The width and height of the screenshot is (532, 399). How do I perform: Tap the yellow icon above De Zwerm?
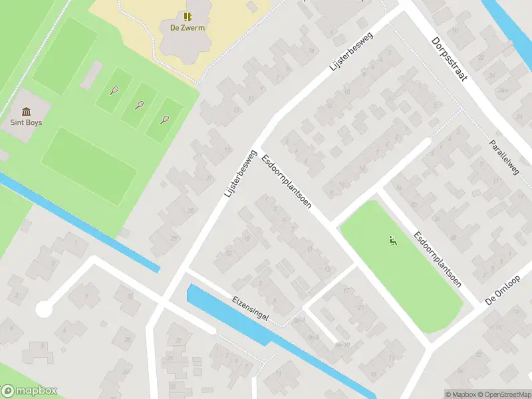[x=188, y=15]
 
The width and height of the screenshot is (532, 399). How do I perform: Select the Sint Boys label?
[x=26, y=122]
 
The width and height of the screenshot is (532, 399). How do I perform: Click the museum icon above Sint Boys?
[x=26, y=111]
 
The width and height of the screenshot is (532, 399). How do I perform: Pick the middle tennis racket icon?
[x=140, y=104]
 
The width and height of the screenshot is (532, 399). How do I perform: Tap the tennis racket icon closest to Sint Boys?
[x=114, y=90]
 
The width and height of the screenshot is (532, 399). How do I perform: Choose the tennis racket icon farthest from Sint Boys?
[x=165, y=120]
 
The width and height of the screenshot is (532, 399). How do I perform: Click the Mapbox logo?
[x=29, y=391]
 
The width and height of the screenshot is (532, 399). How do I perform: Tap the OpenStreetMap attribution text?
[x=504, y=394]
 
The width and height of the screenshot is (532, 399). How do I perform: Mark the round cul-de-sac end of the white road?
[x=44, y=309]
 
